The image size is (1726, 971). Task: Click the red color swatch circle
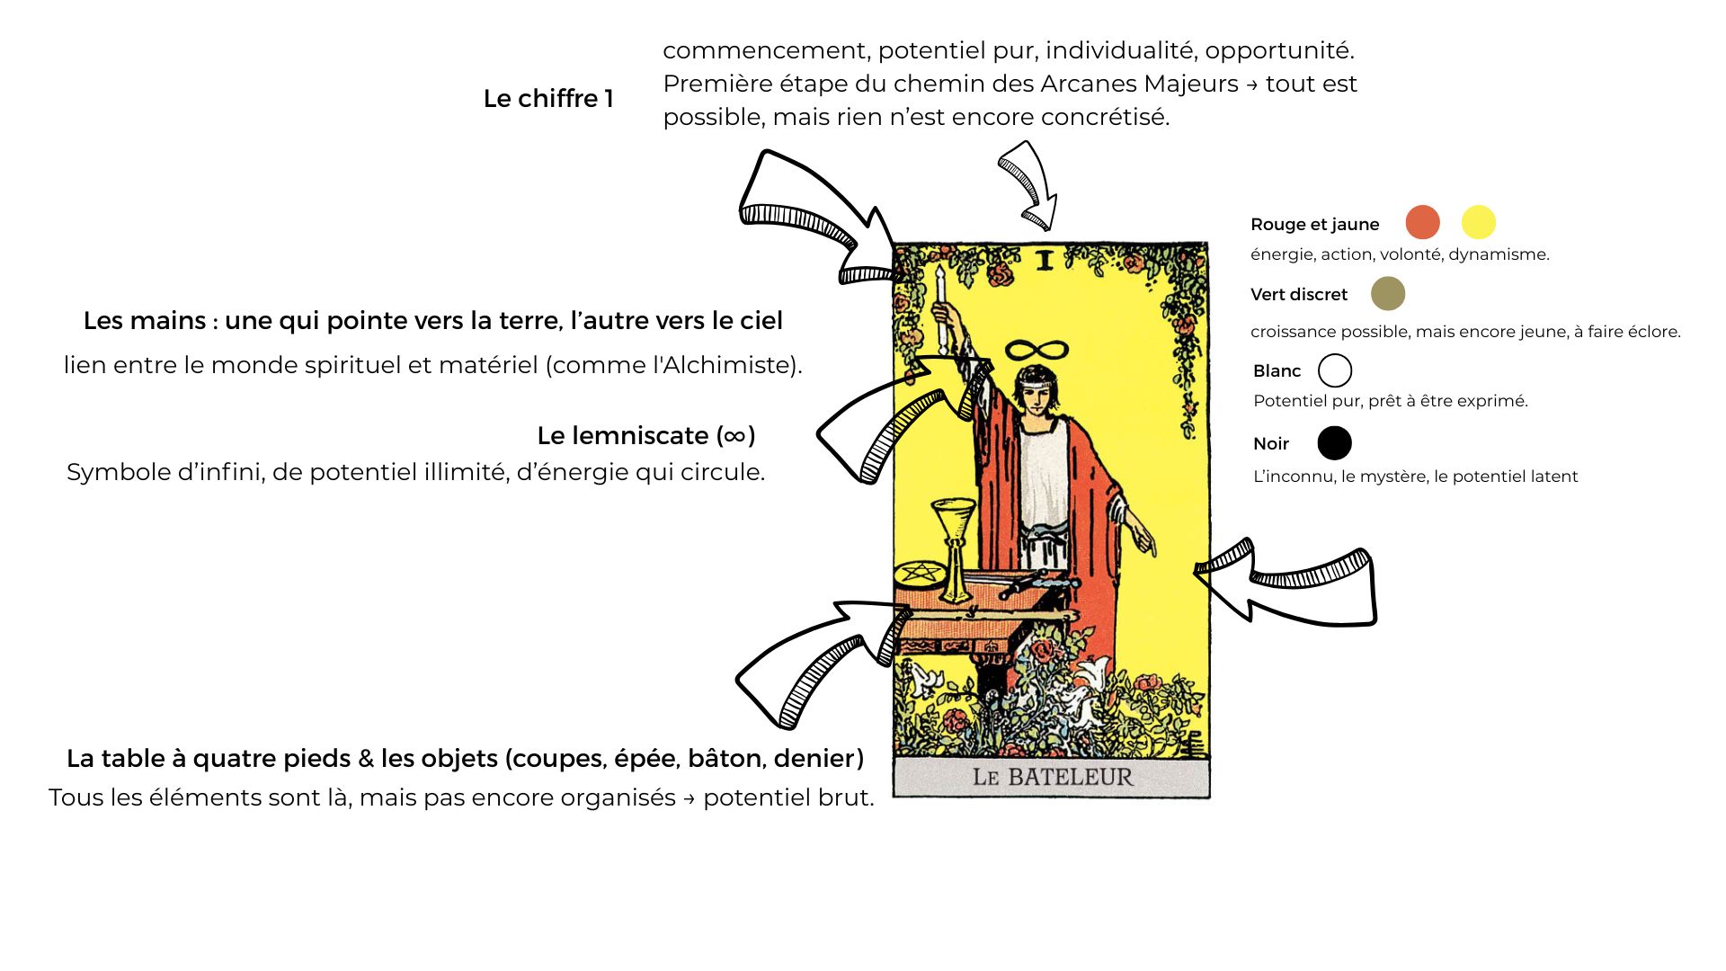tap(1422, 222)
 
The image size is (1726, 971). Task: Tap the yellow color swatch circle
tap(1478, 222)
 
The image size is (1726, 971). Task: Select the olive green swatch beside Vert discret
tap(1388, 293)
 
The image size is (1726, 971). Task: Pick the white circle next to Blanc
tap(1335, 370)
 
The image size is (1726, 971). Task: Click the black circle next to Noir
tap(1335, 443)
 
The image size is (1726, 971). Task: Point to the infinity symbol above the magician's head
tap(1036, 350)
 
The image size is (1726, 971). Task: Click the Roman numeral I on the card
tap(1044, 261)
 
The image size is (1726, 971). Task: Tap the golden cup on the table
tap(954, 549)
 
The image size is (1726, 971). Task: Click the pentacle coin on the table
tap(920, 572)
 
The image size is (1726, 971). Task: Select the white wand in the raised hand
tap(941, 307)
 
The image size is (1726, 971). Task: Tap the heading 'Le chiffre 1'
tap(548, 99)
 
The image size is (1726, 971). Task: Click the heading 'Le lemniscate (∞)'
tap(646, 436)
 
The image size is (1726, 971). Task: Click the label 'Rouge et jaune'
tap(1314, 225)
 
